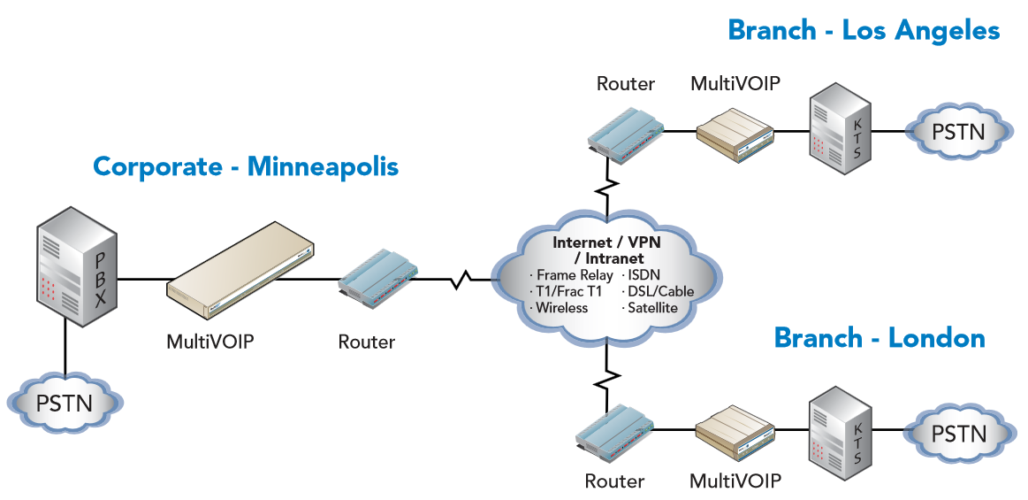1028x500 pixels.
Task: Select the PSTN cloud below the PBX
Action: pos(64,404)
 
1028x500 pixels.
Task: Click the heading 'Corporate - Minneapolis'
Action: pos(246,166)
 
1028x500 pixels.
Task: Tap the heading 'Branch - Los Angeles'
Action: pos(863,31)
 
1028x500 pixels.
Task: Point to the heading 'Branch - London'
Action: pos(879,338)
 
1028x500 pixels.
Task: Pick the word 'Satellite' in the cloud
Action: pos(652,308)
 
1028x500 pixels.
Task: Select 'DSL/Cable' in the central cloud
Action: pos(659,291)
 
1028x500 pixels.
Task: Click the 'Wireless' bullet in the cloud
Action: pos(561,308)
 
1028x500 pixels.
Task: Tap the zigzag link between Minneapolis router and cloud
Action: pos(461,282)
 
